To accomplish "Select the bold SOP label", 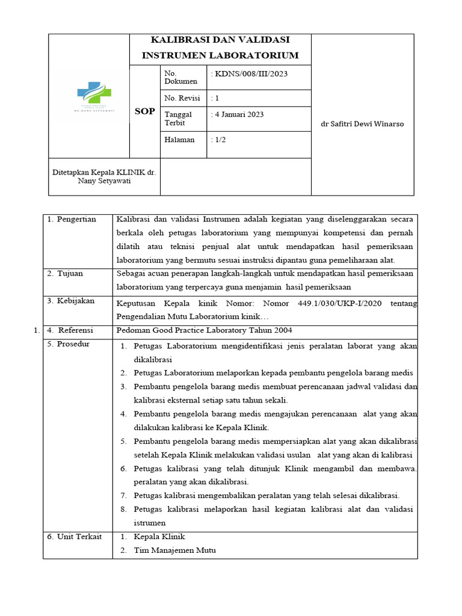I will (x=144, y=111).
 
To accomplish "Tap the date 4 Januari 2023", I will (x=239, y=114).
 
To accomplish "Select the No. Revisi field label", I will (x=182, y=98).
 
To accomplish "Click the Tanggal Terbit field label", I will (x=179, y=119).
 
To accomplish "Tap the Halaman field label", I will (x=179, y=140).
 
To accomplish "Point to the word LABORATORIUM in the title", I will (x=260, y=55).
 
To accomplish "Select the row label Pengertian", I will (x=76, y=219).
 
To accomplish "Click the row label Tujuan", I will (x=70, y=273).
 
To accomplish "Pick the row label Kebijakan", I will (x=76, y=301).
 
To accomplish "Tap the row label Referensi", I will (x=76, y=330).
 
